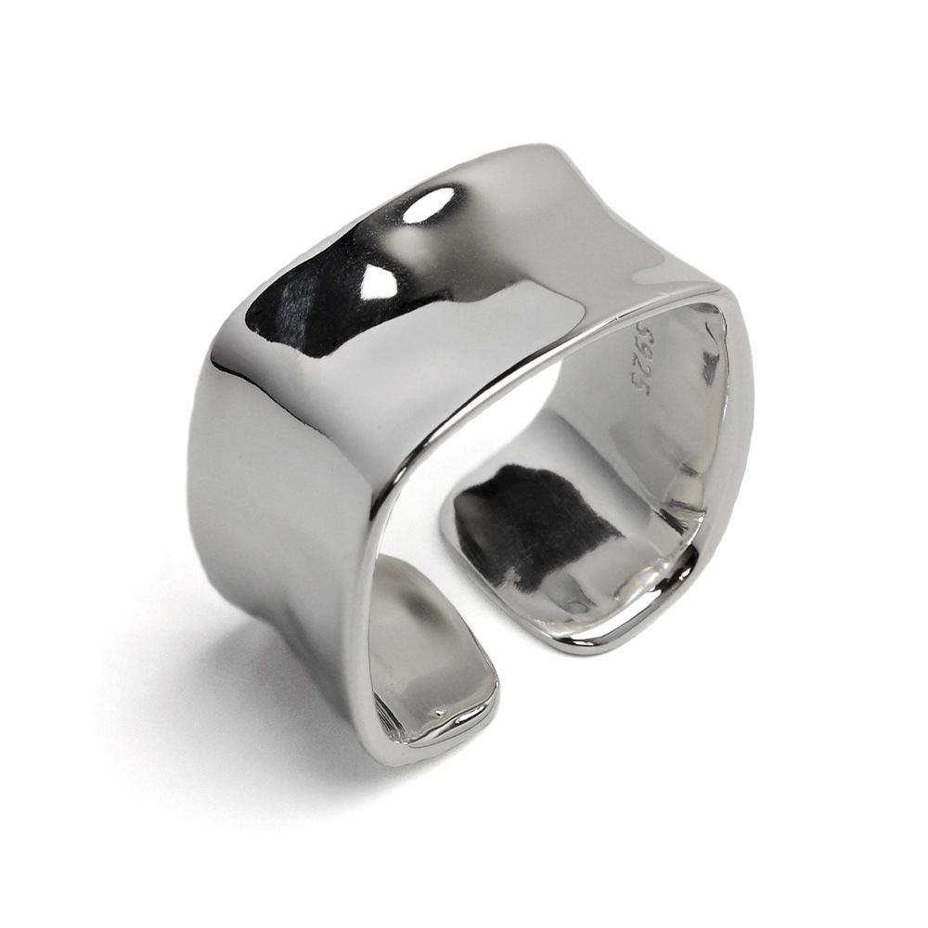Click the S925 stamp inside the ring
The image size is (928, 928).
(639, 360)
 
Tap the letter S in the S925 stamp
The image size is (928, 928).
(640, 329)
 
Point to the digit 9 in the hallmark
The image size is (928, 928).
(640, 349)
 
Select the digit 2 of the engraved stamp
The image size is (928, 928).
(639, 369)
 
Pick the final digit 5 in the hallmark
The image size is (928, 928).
(638, 391)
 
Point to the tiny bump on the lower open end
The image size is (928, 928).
(439, 712)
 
